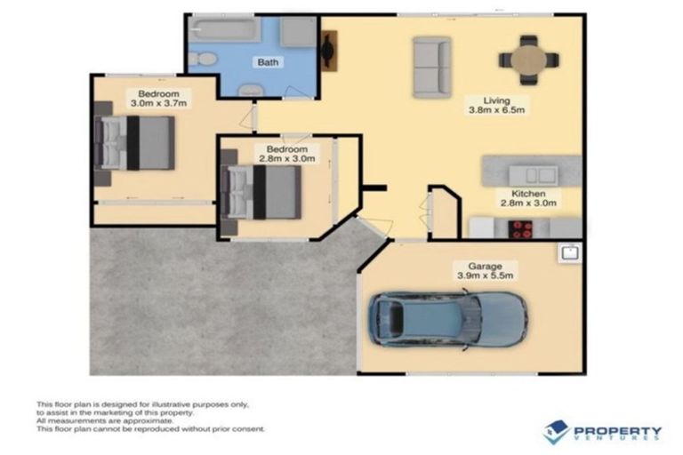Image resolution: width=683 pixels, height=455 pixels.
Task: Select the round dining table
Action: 528,60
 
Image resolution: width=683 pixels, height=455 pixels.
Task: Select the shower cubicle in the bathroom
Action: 298,32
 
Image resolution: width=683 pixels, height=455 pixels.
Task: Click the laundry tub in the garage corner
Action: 570,252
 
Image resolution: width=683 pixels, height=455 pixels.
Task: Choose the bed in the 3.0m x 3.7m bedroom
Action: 137,142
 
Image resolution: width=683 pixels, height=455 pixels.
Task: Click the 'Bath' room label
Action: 267,63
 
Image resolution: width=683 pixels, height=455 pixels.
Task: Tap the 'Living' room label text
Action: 496,100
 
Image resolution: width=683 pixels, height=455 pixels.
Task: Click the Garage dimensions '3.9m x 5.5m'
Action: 484,275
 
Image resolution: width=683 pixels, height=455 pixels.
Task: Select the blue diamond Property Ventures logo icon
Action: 557,432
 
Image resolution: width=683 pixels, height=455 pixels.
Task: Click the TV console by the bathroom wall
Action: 327,51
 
